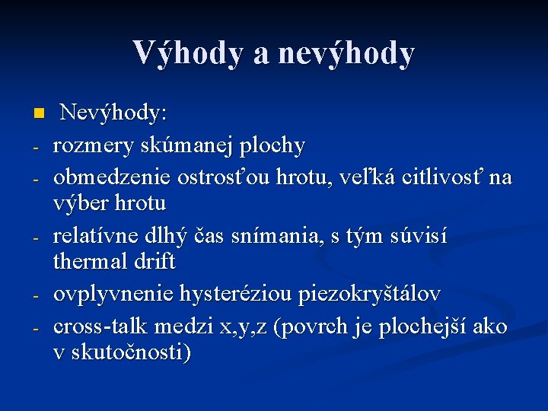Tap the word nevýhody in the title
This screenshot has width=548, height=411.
[x=347, y=53]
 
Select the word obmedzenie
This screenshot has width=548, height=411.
[x=112, y=177]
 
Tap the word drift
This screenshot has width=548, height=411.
[x=157, y=262]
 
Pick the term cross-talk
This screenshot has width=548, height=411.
[x=100, y=326]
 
